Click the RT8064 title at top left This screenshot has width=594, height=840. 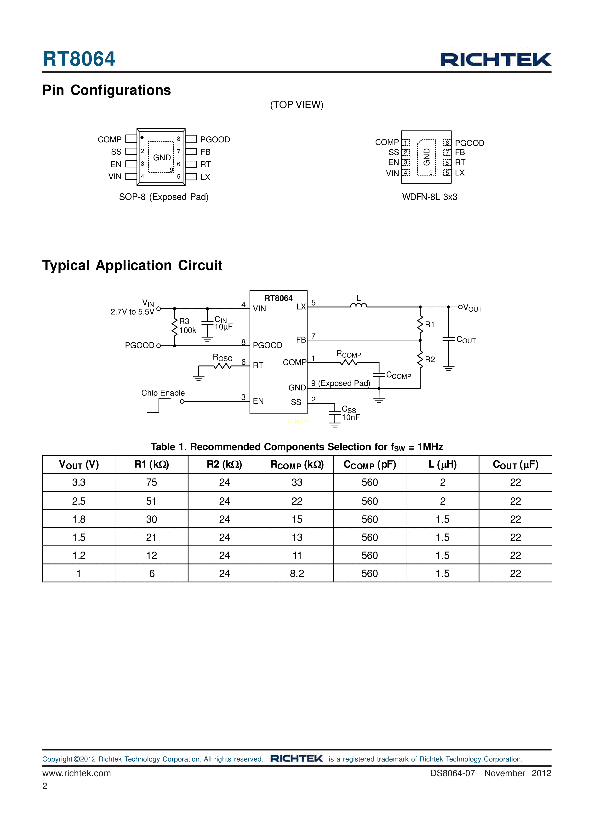pos(79,59)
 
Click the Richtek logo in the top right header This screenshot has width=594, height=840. pos(496,60)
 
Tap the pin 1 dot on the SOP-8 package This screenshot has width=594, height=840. pos(142,138)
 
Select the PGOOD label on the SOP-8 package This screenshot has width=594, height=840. pos(215,139)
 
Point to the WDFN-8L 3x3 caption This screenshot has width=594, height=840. pos(430,197)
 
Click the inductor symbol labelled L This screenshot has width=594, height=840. pos(358,305)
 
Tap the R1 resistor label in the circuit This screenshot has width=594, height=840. pos(430,325)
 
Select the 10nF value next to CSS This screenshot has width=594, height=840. pos(351,417)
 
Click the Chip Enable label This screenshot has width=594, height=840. pos(163,393)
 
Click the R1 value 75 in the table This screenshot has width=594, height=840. pos(152,483)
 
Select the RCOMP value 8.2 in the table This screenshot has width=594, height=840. pos(297,573)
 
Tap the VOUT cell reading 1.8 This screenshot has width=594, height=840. pos(79,519)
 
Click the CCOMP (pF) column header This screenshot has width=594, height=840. pos(370,465)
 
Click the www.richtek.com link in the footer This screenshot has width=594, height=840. pos(76,773)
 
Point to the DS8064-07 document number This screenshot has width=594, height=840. pos(452,773)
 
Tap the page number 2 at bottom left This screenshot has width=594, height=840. pos(45,786)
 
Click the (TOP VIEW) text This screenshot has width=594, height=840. pos(297,105)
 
